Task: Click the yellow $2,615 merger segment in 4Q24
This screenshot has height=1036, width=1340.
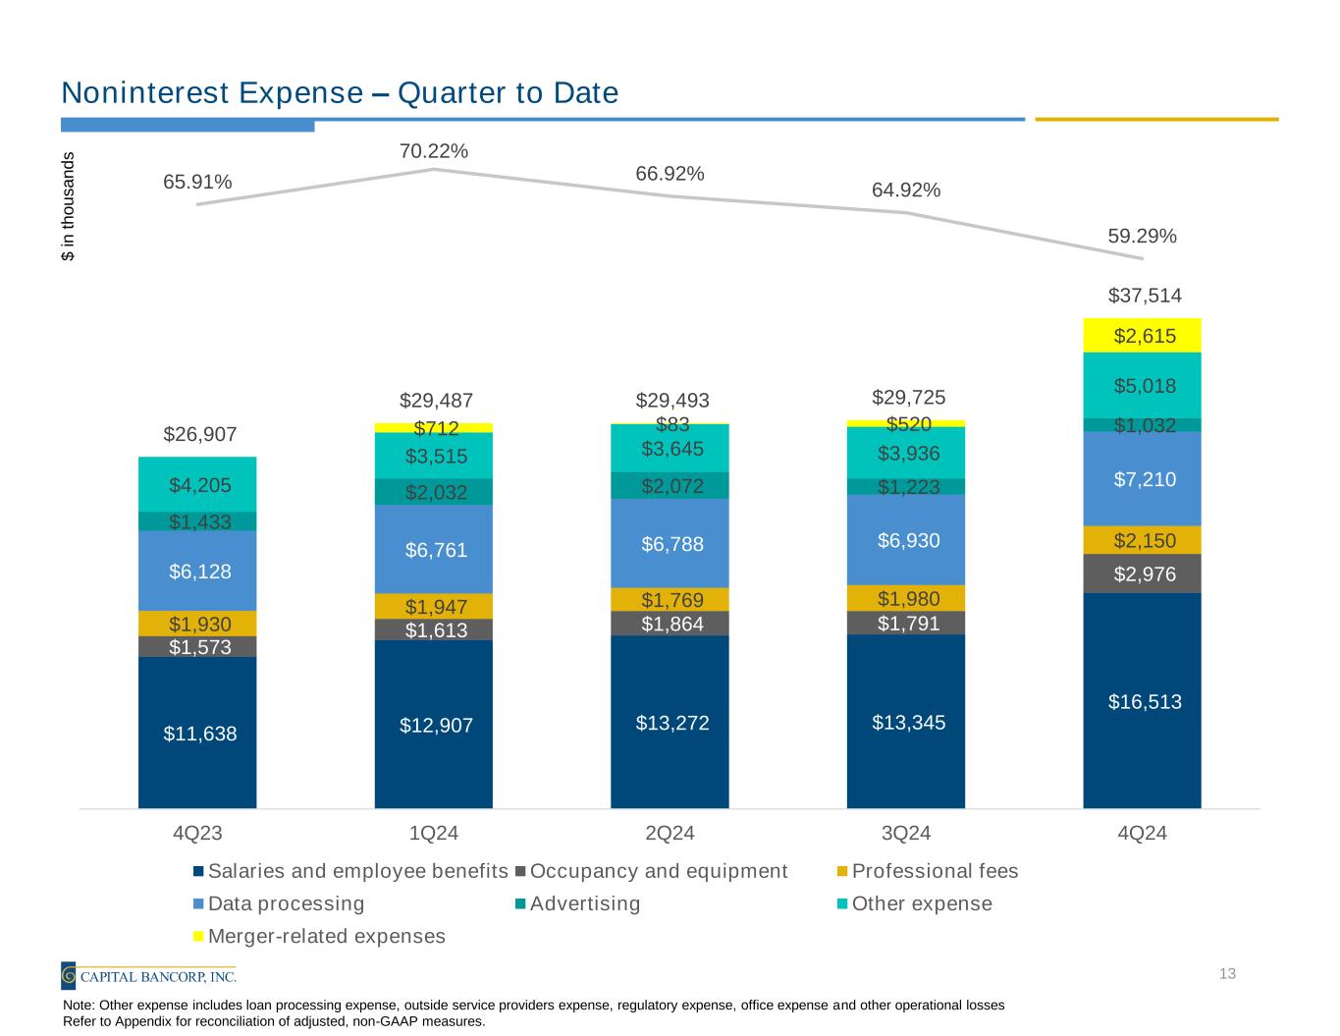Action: (1142, 336)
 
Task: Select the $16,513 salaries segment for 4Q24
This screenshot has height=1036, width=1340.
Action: (1142, 701)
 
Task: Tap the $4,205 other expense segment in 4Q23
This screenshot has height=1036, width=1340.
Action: (197, 484)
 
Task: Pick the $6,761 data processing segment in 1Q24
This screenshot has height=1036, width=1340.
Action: (433, 550)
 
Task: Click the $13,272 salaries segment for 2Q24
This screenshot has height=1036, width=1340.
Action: (670, 723)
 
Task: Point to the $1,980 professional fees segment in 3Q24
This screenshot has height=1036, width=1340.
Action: (905, 598)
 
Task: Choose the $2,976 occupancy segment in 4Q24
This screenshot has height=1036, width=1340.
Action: (1142, 574)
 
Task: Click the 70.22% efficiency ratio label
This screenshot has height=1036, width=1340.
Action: (433, 150)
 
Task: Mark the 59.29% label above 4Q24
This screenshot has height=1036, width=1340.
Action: (1142, 236)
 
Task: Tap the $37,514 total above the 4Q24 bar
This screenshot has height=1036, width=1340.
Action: (1145, 296)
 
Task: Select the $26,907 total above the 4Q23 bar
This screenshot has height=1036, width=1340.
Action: (199, 434)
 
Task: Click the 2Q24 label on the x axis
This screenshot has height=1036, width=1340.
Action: (670, 834)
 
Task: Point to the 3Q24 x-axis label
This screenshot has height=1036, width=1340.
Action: (906, 834)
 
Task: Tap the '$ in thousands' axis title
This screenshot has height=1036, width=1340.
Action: (68, 206)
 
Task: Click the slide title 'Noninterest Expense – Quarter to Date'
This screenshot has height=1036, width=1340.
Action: (340, 93)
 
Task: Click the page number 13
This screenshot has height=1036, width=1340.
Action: (1226, 974)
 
